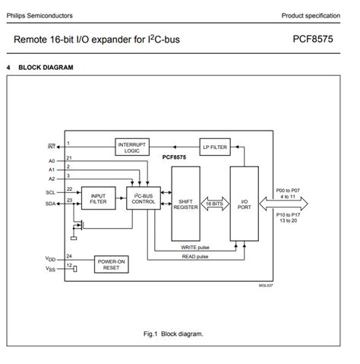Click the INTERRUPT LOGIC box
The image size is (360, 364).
(x=132, y=146)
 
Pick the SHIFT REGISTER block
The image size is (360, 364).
(x=185, y=203)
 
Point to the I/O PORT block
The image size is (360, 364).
(x=244, y=203)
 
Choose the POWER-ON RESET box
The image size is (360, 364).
(x=111, y=264)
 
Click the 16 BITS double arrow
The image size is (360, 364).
(x=214, y=203)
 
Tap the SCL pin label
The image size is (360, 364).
(x=51, y=192)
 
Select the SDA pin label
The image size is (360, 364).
(x=51, y=204)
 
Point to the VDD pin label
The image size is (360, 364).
(x=50, y=259)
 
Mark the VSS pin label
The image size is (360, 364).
(x=50, y=269)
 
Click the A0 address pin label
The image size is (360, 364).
(x=52, y=161)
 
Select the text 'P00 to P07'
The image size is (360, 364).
(x=290, y=191)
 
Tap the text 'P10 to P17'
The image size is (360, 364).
(x=290, y=215)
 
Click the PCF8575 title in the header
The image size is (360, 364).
(x=314, y=38)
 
